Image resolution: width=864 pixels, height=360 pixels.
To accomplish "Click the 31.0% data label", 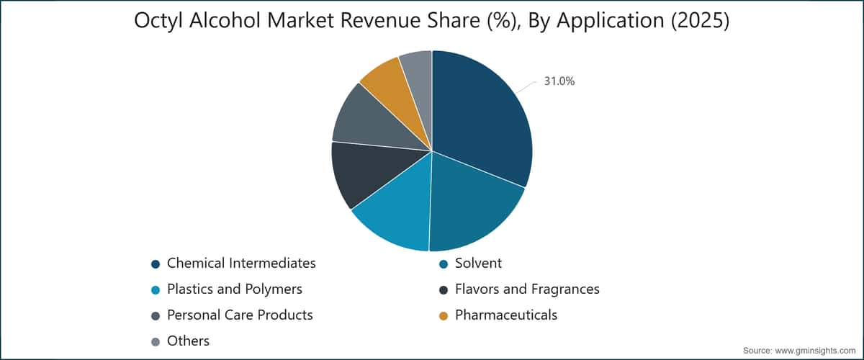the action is pyautogui.click(x=559, y=81).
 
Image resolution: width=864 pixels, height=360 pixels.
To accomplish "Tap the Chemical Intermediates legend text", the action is pyautogui.click(x=241, y=263).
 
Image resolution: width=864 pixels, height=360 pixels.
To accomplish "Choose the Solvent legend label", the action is pyautogui.click(x=478, y=263).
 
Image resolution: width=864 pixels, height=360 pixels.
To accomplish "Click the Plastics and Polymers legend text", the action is pyautogui.click(x=235, y=289).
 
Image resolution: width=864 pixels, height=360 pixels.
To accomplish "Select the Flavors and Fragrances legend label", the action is pyautogui.click(x=527, y=289).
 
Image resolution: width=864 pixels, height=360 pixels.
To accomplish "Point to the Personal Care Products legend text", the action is pyautogui.click(x=240, y=315).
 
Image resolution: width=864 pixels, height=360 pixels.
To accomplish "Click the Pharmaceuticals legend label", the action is pyautogui.click(x=506, y=315).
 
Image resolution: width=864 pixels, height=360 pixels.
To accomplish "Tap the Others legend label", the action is pyautogui.click(x=188, y=341).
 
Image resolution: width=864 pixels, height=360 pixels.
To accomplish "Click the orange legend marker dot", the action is pyautogui.click(x=444, y=316).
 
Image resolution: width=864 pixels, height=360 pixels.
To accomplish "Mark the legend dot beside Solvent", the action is pyautogui.click(x=444, y=264).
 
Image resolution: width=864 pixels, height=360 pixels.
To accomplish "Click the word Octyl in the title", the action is pyautogui.click(x=158, y=21).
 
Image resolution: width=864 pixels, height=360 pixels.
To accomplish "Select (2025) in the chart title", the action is pyautogui.click(x=700, y=21).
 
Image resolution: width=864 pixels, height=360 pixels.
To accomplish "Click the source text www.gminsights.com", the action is pyautogui.click(x=815, y=351).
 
